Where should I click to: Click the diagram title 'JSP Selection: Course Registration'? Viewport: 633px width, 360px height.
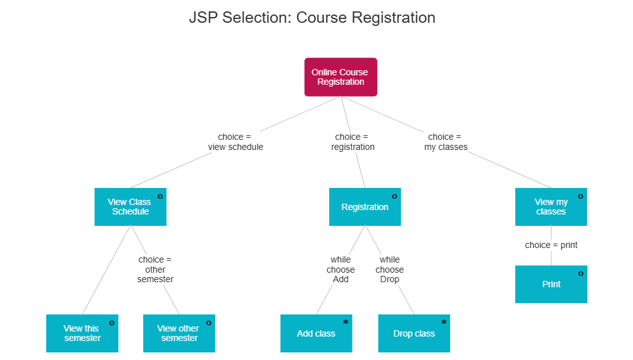coord(312,17)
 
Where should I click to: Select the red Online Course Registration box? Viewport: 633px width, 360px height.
coord(340,77)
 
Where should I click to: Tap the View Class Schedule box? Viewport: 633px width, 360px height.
coord(130,207)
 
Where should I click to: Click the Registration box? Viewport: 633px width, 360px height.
coord(365,207)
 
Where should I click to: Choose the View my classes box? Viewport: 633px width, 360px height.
coord(551,207)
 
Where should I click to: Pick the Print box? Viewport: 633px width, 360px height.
coord(551,284)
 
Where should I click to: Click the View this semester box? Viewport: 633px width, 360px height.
coord(82,333)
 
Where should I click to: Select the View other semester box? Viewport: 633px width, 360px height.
coord(179,333)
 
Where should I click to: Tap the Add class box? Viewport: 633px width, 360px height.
coord(316,333)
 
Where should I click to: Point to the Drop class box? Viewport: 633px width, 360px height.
coord(414,333)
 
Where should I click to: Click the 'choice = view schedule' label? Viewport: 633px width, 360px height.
coord(235,142)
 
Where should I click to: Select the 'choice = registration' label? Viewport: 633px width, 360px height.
coord(353,142)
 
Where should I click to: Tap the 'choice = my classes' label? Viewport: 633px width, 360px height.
coord(446,142)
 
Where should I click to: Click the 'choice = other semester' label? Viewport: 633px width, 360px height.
coord(155,269)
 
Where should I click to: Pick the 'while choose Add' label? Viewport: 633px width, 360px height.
coord(341,269)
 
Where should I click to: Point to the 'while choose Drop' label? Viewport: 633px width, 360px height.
coord(389,269)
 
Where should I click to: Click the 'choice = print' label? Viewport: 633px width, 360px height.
coord(551,245)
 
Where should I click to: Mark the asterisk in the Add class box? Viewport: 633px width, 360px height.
coord(346,323)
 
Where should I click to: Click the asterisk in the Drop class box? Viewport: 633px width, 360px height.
coord(443,323)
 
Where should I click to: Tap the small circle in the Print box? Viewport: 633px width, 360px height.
coord(580,273)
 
